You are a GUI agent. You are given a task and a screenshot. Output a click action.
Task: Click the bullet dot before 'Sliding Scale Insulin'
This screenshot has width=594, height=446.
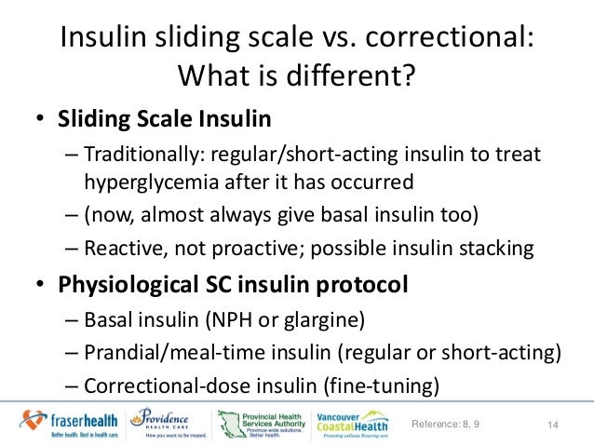click(41, 122)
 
